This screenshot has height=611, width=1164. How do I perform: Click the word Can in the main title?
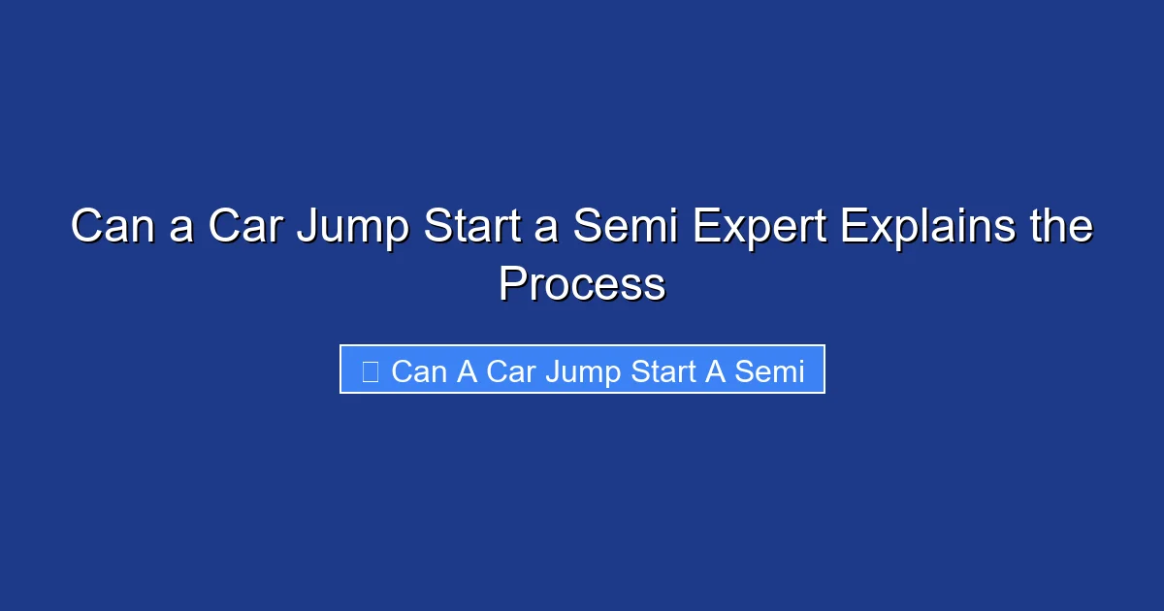click(x=110, y=228)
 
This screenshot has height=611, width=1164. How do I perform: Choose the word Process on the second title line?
click(x=582, y=285)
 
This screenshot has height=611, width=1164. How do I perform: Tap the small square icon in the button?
click(x=370, y=370)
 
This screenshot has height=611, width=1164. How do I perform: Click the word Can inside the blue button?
click(x=419, y=371)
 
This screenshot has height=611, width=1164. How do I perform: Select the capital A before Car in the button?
click(x=467, y=371)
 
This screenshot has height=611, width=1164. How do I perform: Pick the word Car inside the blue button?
click(x=510, y=371)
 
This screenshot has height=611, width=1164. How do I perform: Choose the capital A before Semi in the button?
click(x=716, y=371)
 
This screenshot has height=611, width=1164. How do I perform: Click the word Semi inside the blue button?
click(x=770, y=371)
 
